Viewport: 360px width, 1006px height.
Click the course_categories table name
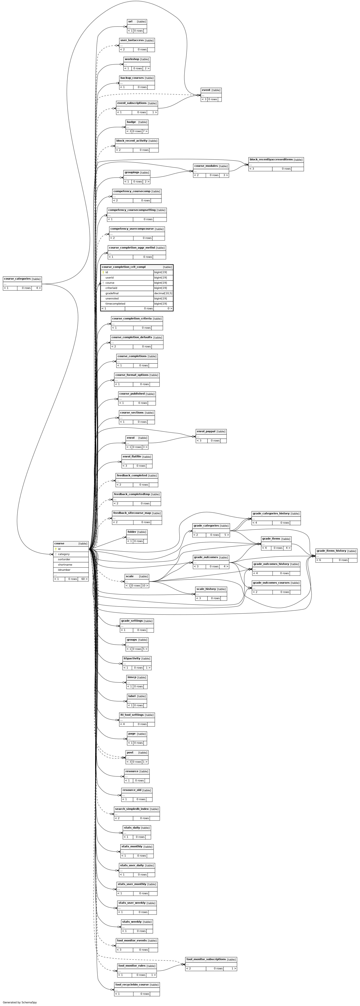click(17, 279)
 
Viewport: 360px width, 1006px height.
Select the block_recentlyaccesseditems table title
click(271, 159)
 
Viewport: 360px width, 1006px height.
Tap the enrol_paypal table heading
click(206, 431)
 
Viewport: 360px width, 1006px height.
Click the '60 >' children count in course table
click(84, 579)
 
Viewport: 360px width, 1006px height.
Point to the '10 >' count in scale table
click(144, 585)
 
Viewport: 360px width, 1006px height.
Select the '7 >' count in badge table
click(145, 131)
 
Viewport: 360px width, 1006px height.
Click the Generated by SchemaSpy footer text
click(19, 1002)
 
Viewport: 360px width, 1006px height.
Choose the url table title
click(130, 21)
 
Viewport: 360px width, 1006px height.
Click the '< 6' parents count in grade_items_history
click(319, 560)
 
